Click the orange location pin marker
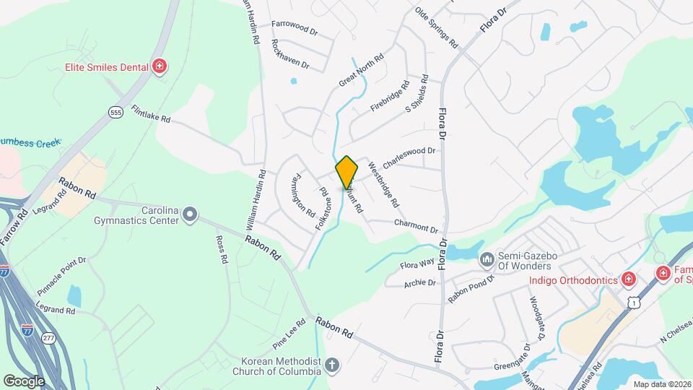pyautogui.click(x=346, y=173)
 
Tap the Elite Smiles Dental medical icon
pyautogui.click(x=160, y=67)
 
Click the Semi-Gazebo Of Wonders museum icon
pyautogui.click(x=487, y=258)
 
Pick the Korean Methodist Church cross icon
pyautogui.click(x=331, y=365)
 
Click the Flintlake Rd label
pyautogui.click(x=151, y=113)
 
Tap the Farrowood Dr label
pyautogui.click(x=295, y=27)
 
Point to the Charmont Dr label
pyautogui.click(x=416, y=225)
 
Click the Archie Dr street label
pyautogui.click(x=420, y=283)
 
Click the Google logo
pyautogui.click(x=23, y=381)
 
